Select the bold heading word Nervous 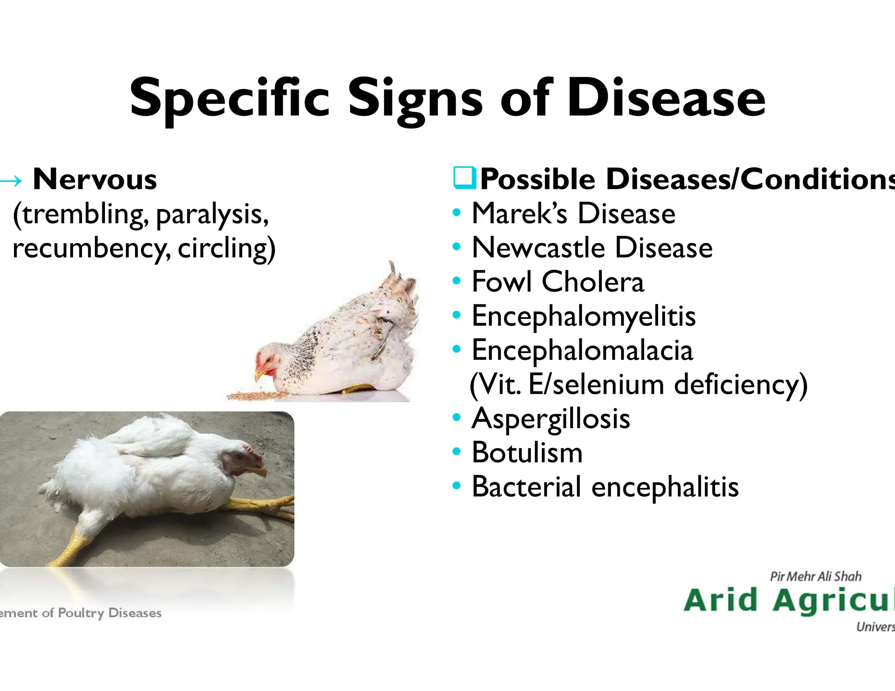(x=95, y=180)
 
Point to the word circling (x=226, y=248)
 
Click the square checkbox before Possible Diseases (x=464, y=178)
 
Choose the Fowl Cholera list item (x=558, y=282)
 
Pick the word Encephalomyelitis (x=583, y=316)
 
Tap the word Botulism (x=527, y=453)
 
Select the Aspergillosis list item (x=551, y=418)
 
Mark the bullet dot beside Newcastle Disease (x=457, y=247)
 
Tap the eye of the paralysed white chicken (x=240, y=457)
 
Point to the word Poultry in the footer (x=81, y=613)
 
